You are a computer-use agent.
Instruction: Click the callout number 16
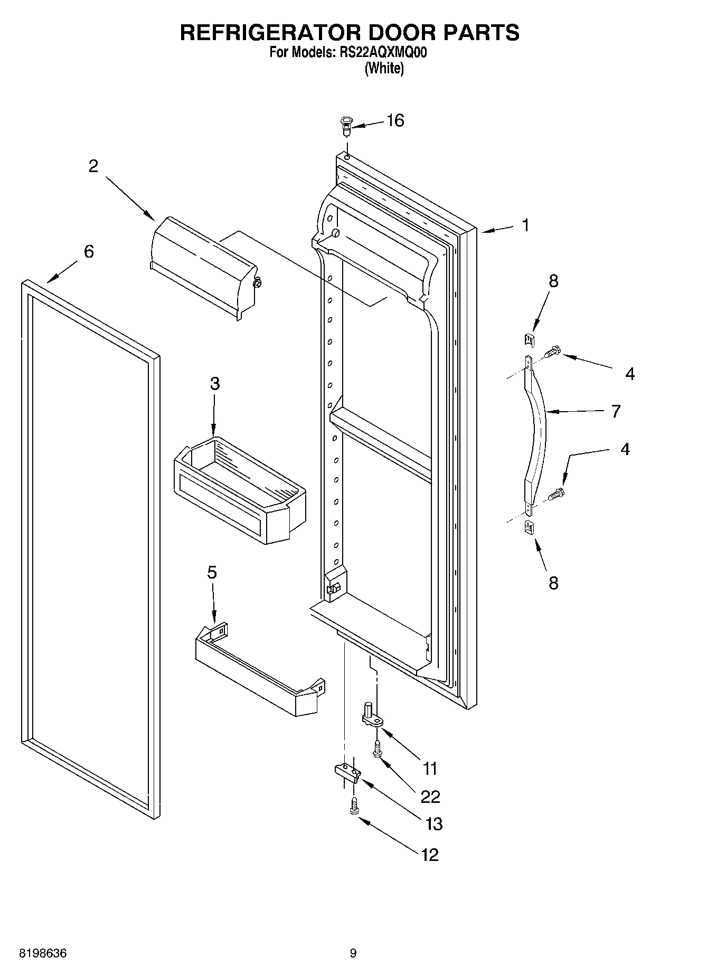tap(395, 120)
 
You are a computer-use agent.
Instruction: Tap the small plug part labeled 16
tap(346, 126)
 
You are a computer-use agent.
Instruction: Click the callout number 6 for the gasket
tap(89, 251)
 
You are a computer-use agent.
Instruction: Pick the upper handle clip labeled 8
tap(530, 338)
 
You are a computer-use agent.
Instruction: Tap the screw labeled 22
tap(376, 748)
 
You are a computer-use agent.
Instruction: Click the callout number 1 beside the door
tap(525, 225)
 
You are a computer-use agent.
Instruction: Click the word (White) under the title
tap(384, 68)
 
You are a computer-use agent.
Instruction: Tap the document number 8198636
tap(43, 953)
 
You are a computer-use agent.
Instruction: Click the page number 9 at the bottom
tap(353, 953)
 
